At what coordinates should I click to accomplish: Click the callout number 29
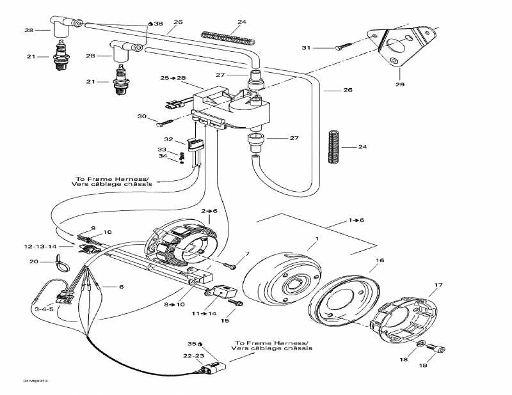[400, 84]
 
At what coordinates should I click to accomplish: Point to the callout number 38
[158, 24]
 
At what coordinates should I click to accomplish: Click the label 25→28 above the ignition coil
[173, 77]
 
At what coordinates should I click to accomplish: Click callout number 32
[169, 139]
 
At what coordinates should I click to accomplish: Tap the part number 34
[163, 157]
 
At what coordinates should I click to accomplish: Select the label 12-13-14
[40, 246]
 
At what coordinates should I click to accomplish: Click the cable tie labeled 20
[61, 262]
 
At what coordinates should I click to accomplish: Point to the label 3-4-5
[44, 309]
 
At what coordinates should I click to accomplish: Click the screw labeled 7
[230, 263]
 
